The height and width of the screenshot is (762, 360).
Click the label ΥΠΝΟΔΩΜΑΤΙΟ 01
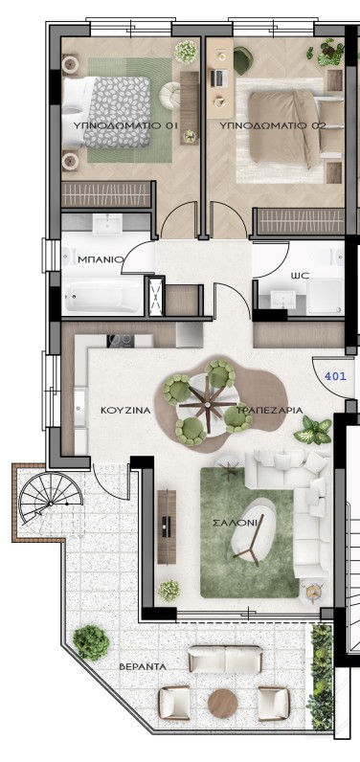point(125,125)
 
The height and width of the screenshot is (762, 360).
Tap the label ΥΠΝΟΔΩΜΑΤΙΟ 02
point(272,125)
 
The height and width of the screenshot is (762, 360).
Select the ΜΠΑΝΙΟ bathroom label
point(101,259)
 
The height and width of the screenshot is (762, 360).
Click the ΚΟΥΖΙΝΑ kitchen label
point(125,410)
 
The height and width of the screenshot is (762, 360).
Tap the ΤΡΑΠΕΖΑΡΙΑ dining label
point(270,410)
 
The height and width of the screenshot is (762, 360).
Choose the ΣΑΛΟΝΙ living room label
point(236,524)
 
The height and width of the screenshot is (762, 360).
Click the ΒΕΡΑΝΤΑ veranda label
point(143,666)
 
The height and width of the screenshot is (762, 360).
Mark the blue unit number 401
point(335,375)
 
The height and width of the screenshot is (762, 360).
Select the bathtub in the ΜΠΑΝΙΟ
point(101,296)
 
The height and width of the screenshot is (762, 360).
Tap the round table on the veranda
point(222,704)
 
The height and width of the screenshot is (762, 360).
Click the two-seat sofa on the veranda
point(225,660)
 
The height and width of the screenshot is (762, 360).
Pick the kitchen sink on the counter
point(80,408)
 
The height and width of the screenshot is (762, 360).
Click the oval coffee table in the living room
point(253,532)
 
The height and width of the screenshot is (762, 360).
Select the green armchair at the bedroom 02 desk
point(242,60)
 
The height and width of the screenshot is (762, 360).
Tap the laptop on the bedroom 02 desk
point(217,78)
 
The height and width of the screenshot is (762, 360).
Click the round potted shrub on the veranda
point(91,642)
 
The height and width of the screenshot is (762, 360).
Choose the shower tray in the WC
point(325,296)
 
